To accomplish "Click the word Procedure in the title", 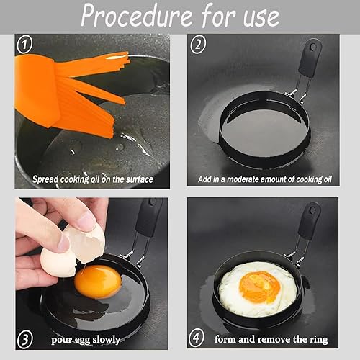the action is (x=137, y=16).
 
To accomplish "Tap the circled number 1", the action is (x=24, y=44).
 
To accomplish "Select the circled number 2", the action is (x=198, y=44).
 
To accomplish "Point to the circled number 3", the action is (x=25, y=338).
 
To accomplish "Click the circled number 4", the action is (x=197, y=338).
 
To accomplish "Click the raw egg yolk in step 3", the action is (x=98, y=282).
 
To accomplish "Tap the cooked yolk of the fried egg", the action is (x=260, y=287).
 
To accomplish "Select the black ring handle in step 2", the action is (x=310, y=59).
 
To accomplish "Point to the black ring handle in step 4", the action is (x=309, y=221).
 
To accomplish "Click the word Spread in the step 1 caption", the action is (x=45, y=179).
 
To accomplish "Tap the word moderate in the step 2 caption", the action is (x=243, y=179).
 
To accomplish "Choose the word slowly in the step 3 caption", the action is (x=106, y=339).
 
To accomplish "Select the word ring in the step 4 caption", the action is (x=319, y=340).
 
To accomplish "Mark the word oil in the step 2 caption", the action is (x=327, y=179).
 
